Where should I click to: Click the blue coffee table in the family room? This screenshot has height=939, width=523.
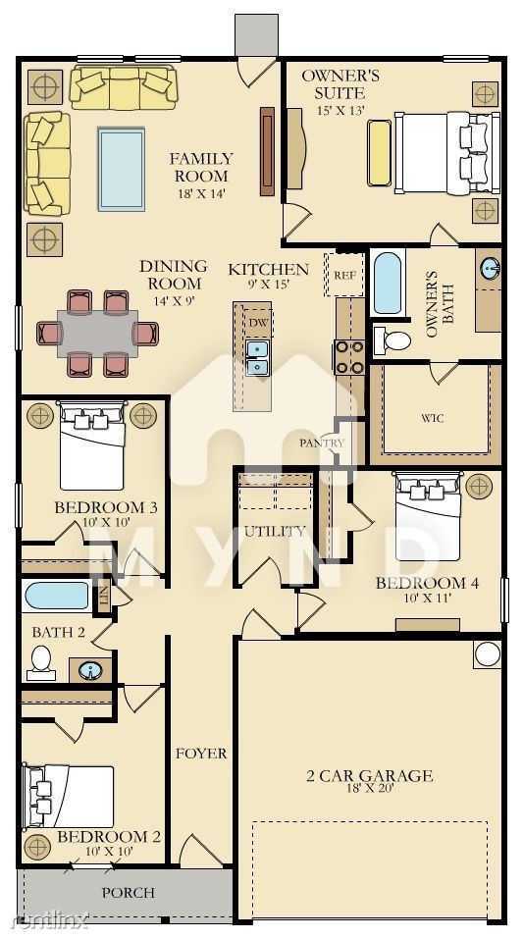coord(122,169)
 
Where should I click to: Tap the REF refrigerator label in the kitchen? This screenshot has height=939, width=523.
coord(344,276)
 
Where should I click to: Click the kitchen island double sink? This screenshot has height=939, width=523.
coord(258,357)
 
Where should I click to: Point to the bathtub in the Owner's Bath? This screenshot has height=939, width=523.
coord(387,284)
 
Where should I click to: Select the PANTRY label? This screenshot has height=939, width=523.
coord(322,443)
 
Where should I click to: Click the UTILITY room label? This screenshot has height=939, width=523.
coord(275,531)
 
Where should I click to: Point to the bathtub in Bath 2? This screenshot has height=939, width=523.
coord(57,596)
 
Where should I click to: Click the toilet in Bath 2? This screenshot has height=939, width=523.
coord(41,662)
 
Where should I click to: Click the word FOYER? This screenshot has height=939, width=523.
coord(201,754)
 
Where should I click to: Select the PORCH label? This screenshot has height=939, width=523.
coord(129,893)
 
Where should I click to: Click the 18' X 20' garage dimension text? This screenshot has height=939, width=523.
coord(369,788)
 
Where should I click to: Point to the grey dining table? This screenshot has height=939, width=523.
coord(98,334)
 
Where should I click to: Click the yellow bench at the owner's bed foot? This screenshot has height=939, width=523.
coord(379,153)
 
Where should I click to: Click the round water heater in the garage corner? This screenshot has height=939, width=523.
coord(488,653)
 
